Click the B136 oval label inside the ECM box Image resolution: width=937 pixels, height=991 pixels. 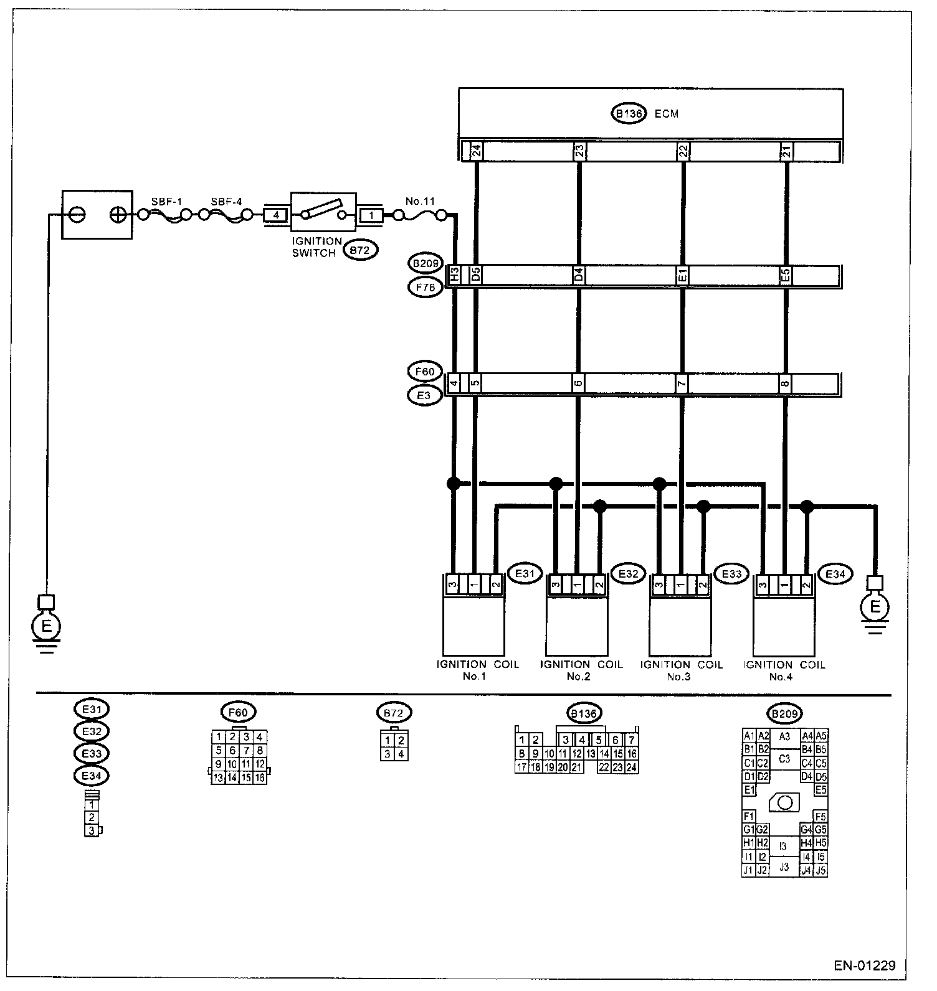pyautogui.click(x=627, y=114)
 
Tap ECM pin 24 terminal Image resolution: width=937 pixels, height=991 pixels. pyautogui.click(x=476, y=151)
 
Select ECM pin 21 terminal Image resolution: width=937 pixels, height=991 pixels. pyautogui.click(x=786, y=151)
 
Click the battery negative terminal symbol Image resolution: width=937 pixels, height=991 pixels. pyautogui.click(x=77, y=215)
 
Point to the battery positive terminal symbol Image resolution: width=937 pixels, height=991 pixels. pyautogui.click(x=117, y=215)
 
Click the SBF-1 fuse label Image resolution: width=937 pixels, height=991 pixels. pyautogui.click(x=166, y=202)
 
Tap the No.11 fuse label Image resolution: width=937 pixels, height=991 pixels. pyautogui.click(x=420, y=201)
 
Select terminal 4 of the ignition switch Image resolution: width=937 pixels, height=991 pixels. pyautogui.click(x=276, y=215)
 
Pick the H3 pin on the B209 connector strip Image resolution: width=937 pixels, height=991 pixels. pyautogui.click(x=455, y=275)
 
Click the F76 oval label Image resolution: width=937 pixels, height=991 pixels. pyautogui.click(x=425, y=287)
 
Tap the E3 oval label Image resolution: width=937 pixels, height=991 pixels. pyautogui.click(x=424, y=395)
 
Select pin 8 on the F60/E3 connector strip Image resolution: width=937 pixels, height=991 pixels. pyautogui.click(x=786, y=383)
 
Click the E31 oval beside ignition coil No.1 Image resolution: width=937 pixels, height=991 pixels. pyautogui.click(x=525, y=573)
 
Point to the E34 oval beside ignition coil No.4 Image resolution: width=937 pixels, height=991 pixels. pyautogui.click(x=834, y=574)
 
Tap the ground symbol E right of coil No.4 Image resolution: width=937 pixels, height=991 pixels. pyautogui.click(x=876, y=606)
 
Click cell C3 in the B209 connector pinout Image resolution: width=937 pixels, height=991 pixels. pyautogui.click(x=784, y=759)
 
